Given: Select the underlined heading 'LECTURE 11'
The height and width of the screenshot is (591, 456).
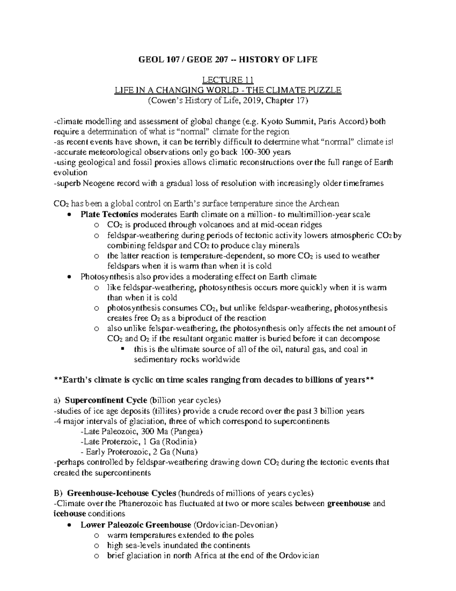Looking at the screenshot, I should coord(228,80).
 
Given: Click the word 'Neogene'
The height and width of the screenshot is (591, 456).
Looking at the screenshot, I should coord(92,183).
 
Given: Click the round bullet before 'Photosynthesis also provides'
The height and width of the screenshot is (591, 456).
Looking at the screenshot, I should coord(68,277).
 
